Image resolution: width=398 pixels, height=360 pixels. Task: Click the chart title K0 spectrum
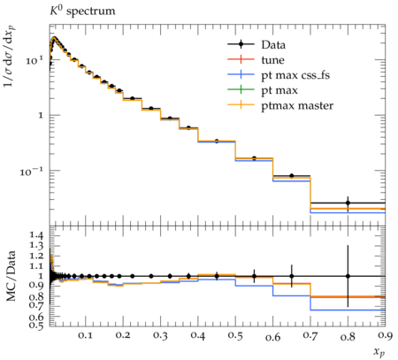pos(82,11)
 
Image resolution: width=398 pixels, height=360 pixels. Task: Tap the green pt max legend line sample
pos(241,89)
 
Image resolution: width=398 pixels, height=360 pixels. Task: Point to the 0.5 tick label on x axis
pos(235,335)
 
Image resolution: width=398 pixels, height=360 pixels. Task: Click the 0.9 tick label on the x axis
pos(385,335)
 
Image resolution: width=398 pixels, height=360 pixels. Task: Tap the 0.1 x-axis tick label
pos(85,335)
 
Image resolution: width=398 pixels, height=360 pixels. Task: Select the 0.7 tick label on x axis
pos(310,335)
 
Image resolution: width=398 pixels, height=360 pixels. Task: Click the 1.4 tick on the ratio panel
pos(36,235)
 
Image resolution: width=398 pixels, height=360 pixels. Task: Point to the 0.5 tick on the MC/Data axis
pos(36,325)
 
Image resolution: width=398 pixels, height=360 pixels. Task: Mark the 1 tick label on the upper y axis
pos(41,115)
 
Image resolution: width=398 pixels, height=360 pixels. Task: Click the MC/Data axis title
pos(11,276)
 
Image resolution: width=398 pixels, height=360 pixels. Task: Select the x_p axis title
pos(379,351)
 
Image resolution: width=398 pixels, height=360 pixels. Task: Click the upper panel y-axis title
pos(10,56)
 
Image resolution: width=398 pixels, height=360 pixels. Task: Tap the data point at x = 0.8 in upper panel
pos(348,203)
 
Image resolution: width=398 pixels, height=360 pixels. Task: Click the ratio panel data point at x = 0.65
pos(292,276)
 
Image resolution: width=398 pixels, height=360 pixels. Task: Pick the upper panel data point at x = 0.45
pos(217,142)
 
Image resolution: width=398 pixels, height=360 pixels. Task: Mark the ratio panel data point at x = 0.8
pos(348,276)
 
